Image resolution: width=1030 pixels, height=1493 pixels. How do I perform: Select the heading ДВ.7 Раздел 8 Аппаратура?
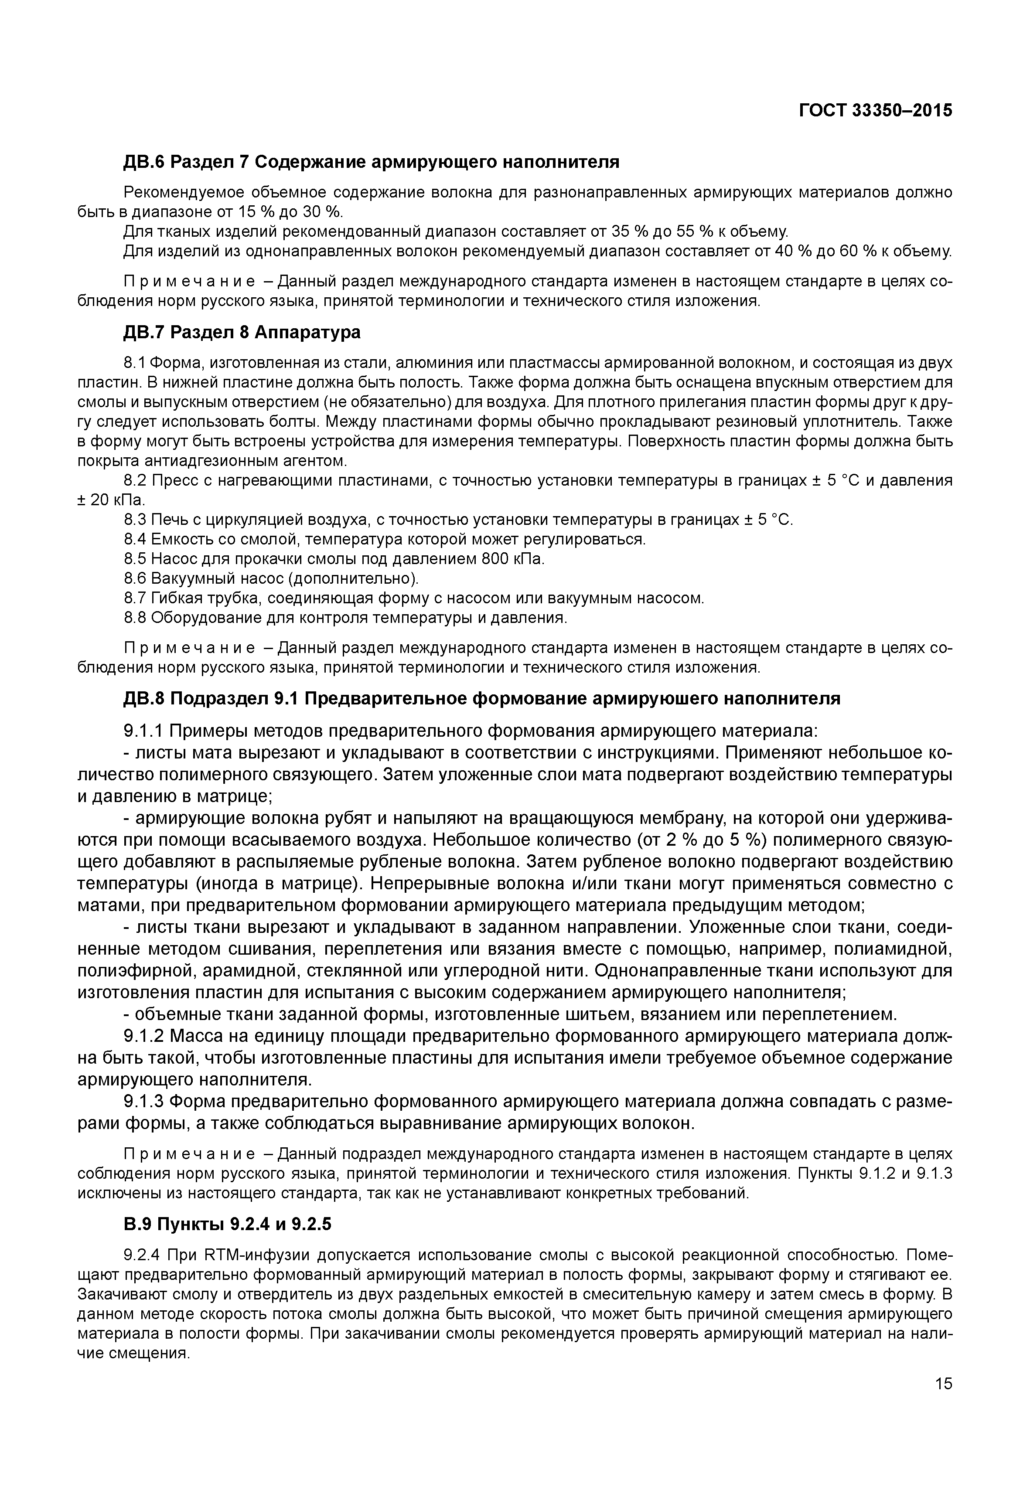tap(242, 332)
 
